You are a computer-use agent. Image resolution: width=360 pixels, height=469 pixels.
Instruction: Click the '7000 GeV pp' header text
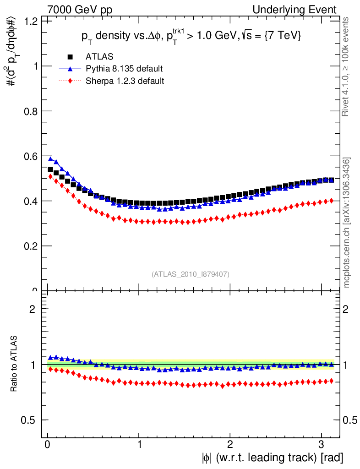pos(80,10)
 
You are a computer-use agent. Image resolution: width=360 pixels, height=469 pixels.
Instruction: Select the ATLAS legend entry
pos(99,57)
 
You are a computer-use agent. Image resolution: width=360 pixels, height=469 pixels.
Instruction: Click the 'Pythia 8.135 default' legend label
pos(124,69)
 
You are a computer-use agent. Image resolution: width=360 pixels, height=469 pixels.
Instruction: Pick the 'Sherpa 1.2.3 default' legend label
pos(125,81)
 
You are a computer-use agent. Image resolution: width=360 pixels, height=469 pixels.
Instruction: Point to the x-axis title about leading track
pos(271,458)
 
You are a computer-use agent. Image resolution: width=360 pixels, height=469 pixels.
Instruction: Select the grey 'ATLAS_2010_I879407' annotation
pos(191,274)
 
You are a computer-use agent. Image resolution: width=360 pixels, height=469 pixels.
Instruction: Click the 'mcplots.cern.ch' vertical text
pos(347,223)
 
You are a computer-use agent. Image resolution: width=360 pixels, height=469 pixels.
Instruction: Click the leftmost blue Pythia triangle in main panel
pos(50,159)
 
